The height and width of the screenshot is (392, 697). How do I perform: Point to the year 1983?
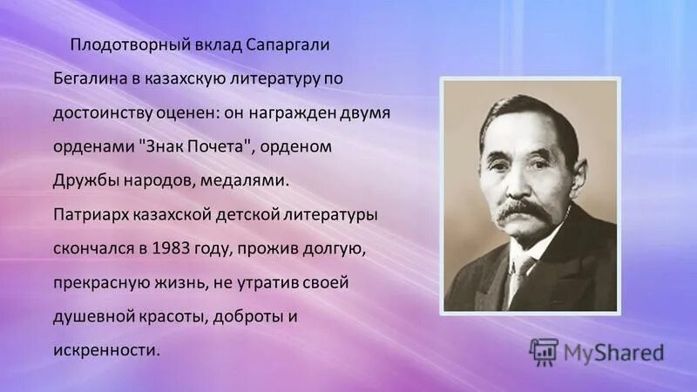[170, 247]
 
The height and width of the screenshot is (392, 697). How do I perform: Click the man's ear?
[576, 174]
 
